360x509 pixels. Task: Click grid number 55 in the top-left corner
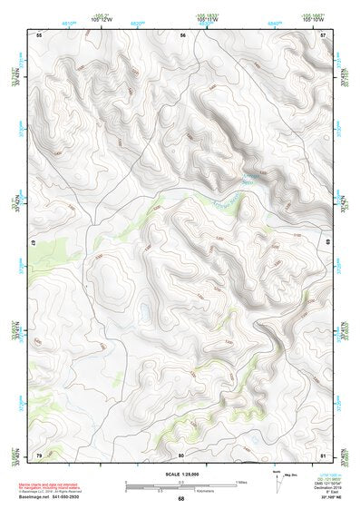point(39,34)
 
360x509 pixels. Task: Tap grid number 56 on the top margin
point(182,34)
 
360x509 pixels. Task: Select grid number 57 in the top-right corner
point(324,34)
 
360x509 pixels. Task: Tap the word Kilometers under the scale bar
point(180,491)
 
